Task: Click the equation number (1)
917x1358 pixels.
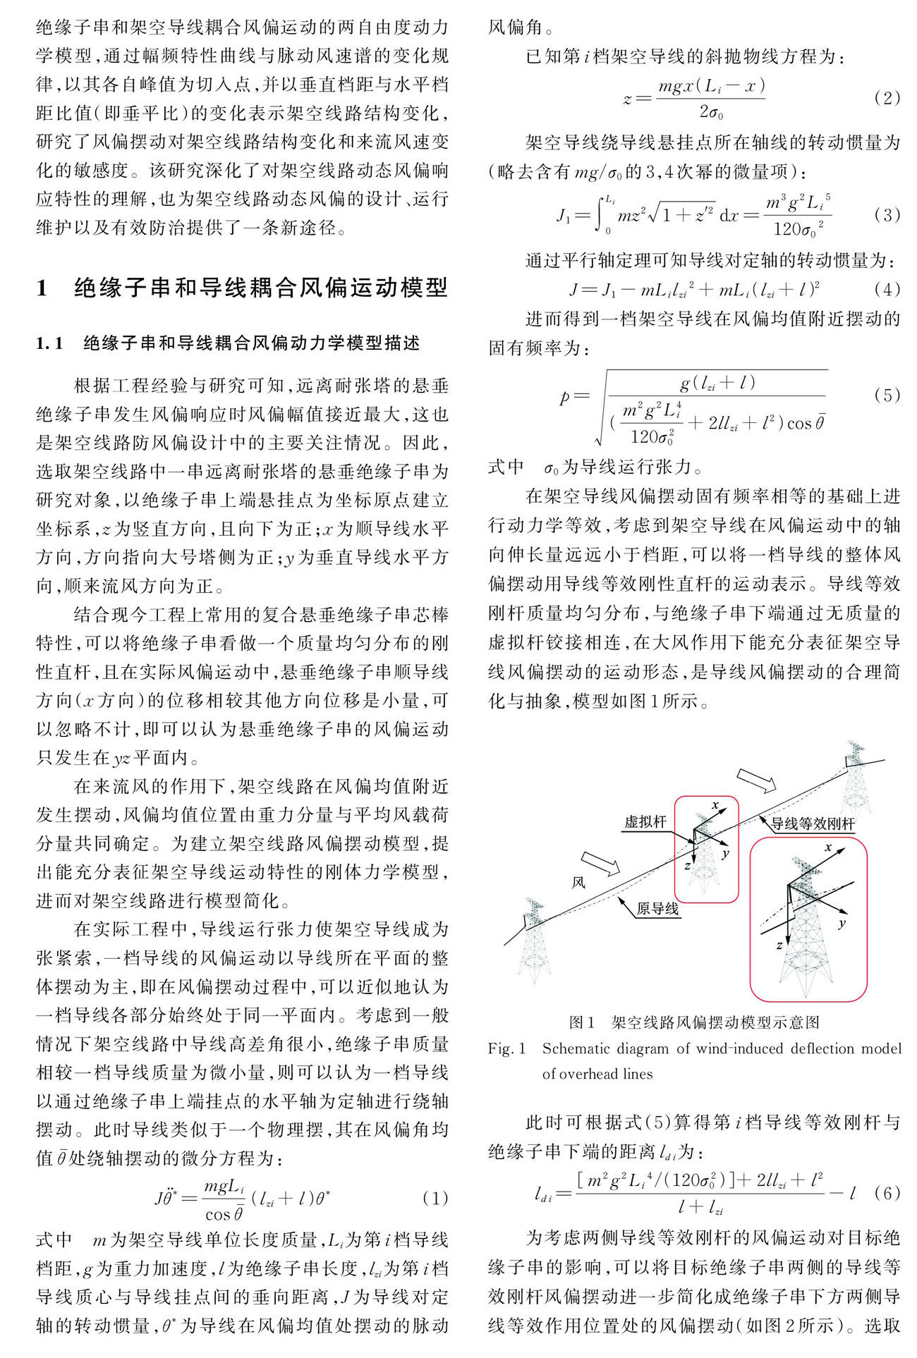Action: pos(435,1198)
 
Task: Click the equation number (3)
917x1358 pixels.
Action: pos(887,215)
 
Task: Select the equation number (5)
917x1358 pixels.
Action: pos(887,395)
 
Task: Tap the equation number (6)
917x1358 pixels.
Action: pos(887,1193)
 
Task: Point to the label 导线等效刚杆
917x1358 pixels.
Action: pos(812,824)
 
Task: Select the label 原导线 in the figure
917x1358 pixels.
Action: pos(657,909)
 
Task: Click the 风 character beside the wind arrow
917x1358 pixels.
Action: pos(578,882)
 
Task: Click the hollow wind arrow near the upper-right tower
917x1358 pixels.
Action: pos(756,781)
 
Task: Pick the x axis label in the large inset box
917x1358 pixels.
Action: pos(828,848)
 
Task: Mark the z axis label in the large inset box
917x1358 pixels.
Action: pos(779,946)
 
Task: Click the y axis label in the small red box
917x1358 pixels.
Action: pos(725,854)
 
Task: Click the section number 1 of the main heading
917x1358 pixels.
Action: pos(42,288)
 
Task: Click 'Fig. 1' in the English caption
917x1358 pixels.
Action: pos(506,1048)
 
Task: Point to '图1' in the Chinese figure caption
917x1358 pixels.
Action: pos(582,1022)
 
